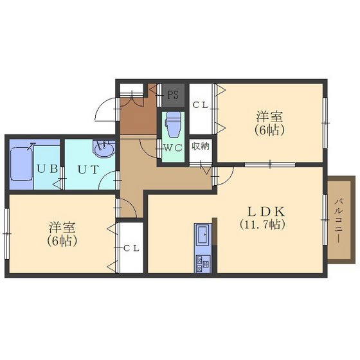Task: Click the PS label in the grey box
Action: (x=173, y=94)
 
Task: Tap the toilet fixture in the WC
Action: (x=174, y=124)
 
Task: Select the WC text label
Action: (x=173, y=148)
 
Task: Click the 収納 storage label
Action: (x=201, y=146)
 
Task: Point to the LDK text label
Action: (x=266, y=212)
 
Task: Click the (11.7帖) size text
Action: (x=263, y=224)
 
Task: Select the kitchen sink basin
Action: (x=203, y=234)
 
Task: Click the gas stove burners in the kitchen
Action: (x=203, y=264)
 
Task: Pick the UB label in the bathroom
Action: (x=48, y=169)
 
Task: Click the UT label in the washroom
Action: (x=89, y=170)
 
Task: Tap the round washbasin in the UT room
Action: (x=104, y=149)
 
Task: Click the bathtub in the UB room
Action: (x=22, y=164)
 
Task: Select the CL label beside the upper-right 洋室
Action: (x=200, y=105)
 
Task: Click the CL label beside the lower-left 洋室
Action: (x=131, y=248)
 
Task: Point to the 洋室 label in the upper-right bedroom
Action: (x=269, y=116)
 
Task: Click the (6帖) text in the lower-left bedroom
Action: (x=62, y=240)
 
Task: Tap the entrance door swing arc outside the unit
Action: (x=105, y=109)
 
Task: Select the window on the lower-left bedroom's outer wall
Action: (x=7, y=233)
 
